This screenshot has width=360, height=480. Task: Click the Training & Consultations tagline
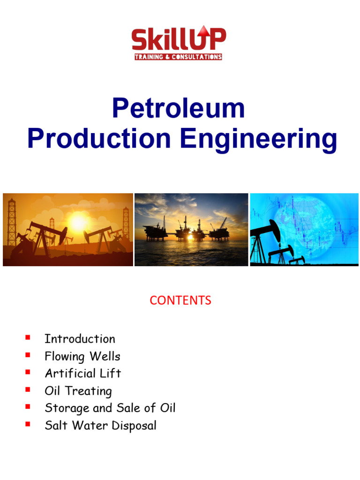pyautogui.click(x=179, y=57)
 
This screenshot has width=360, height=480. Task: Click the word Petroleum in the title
pyautogui.click(x=178, y=109)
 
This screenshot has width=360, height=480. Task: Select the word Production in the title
pyautogui.click(x=99, y=139)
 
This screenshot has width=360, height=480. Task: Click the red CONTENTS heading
pyautogui.click(x=180, y=300)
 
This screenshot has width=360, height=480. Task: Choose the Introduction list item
pyautogui.click(x=80, y=339)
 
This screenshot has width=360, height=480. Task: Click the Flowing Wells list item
pyautogui.click(x=82, y=356)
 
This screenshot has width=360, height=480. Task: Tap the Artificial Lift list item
pyautogui.click(x=82, y=374)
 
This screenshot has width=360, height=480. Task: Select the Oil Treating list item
pyautogui.click(x=78, y=391)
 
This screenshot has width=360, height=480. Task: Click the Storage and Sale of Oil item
pyautogui.click(x=110, y=408)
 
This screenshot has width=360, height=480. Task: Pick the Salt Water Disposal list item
pyautogui.click(x=100, y=426)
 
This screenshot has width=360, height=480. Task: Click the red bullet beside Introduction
pyautogui.click(x=28, y=337)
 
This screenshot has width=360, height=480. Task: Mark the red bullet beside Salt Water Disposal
pyautogui.click(x=28, y=424)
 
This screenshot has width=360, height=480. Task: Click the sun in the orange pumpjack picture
pyautogui.click(x=78, y=222)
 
